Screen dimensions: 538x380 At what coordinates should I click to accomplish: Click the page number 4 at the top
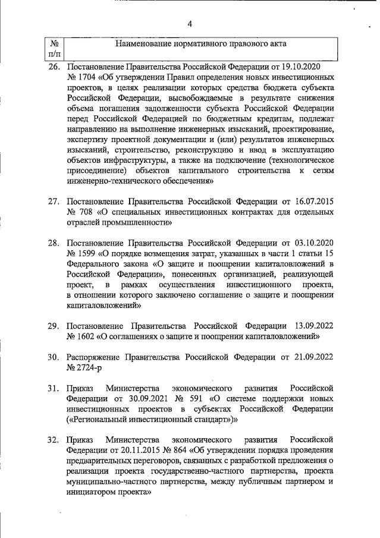tap(190, 24)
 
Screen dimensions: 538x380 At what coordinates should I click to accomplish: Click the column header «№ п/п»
tap(54, 49)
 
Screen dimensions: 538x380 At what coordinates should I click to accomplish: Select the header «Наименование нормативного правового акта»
tap(200, 44)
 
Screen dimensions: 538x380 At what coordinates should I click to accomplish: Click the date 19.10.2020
tap(311, 67)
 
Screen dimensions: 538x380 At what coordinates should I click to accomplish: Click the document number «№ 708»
tap(79, 213)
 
